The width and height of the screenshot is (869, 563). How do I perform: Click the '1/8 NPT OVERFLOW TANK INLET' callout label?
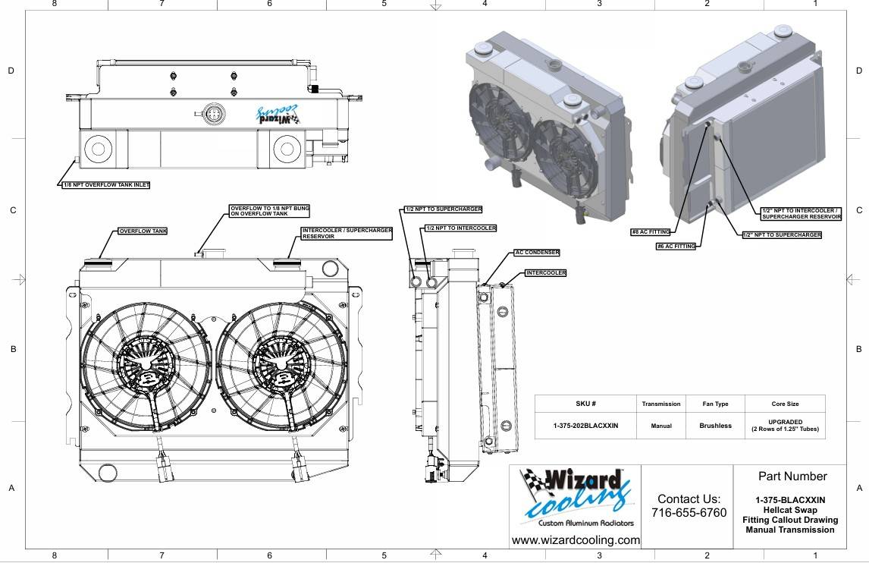(x=106, y=184)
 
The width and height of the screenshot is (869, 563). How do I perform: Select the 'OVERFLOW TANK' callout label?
(x=143, y=231)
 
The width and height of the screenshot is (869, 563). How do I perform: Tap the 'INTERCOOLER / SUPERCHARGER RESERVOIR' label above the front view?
(x=347, y=233)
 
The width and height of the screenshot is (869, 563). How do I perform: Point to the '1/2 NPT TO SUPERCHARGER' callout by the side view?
(x=444, y=209)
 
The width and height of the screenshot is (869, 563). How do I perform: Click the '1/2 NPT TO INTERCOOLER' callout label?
(x=461, y=228)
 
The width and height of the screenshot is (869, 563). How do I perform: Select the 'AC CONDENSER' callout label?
(x=537, y=253)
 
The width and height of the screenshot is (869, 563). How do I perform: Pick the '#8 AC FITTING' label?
(x=651, y=232)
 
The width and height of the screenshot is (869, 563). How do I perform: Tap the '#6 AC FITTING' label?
(x=676, y=246)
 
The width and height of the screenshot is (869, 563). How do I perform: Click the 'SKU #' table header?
(x=586, y=404)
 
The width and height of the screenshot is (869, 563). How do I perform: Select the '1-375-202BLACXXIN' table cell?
(x=586, y=426)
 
